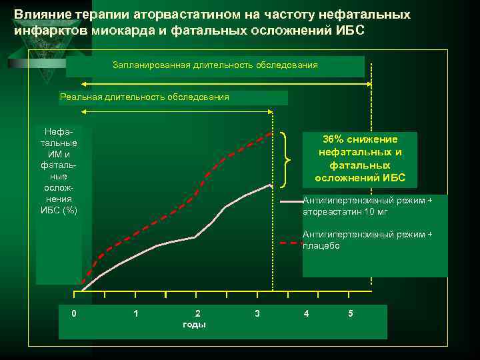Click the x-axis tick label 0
point(74,313)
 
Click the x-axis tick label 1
point(136,313)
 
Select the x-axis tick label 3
point(257,313)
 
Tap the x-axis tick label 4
point(306,313)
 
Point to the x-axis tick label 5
point(351,313)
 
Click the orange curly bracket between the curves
point(288,159)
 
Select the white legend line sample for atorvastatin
point(290,201)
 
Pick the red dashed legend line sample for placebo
point(290,244)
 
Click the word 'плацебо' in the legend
point(321,246)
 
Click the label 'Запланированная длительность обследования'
point(215,65)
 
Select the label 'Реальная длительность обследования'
point(144,97)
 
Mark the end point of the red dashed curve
point(272,133)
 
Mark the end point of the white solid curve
point(270,185)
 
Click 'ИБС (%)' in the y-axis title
point(59,211)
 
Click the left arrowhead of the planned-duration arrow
point(85,84)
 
